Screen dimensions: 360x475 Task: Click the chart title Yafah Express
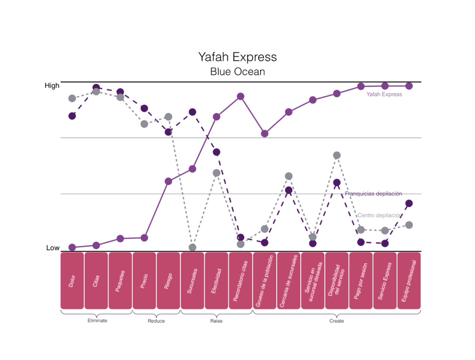pyautogui.click(x=237, y=57)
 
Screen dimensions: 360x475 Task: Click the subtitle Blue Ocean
pyautogui.click(x=237, y=72)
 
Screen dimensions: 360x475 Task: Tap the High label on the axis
pyautogui.click(x=52, y=86)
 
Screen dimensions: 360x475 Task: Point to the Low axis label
pyautogui.click(x=53, y=248)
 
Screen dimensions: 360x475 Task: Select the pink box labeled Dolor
pyautogui.click(x=72, y=281)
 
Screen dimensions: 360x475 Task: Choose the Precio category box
pyautogui.click(x=144, y=281)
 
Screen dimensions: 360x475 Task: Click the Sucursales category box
pyautogui.click(x=193, y=281)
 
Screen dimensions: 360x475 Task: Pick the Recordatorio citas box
pyautogui.click(x=241, y=281)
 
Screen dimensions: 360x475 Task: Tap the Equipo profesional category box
pyautogui.click(x=409, y=281)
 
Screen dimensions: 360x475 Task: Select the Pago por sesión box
pyautogui.click(x=361, y=281)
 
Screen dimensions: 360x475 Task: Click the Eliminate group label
pyautogui.click(x=97, y=320)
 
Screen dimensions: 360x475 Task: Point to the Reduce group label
pyautogui.click(x=156, y=321)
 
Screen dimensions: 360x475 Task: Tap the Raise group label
pyautogui.click(x=216, y=321)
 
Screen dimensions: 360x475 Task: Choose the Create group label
pyautogui.click(x=337, y=321)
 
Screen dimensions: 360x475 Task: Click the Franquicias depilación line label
pyautogui.click(x=373, y=194)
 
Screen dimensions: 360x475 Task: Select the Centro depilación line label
pyautogui.click(x=379, y=215)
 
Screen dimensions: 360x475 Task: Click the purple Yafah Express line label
pyautogui.click(x=384, y=94)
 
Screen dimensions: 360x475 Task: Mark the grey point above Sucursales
pyautogui.click(x=193, y=247)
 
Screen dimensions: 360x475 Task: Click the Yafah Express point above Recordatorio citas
pyautogui.click(x=241, y=96)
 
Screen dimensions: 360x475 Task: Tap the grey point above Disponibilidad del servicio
pyautogui.click(x=337, y=155)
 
